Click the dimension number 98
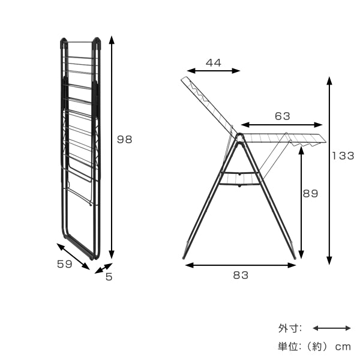pos(124,139)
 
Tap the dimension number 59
pos(65,264)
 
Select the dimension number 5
pos(109,277)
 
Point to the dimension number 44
pos(213,62)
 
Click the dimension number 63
pos(283,116)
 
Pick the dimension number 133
pos(343,156)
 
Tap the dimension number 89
pos(310,194)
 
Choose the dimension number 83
pos(241,275)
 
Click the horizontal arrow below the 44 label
pos(214,71)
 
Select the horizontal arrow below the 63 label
pos(282,125)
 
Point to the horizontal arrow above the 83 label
pos(241,265)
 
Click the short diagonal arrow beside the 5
pos(104,268)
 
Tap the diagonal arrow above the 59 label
pos(73,256)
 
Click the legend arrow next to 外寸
pos(332,328)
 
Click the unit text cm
pos(343,347)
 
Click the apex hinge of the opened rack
pos(239,136)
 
